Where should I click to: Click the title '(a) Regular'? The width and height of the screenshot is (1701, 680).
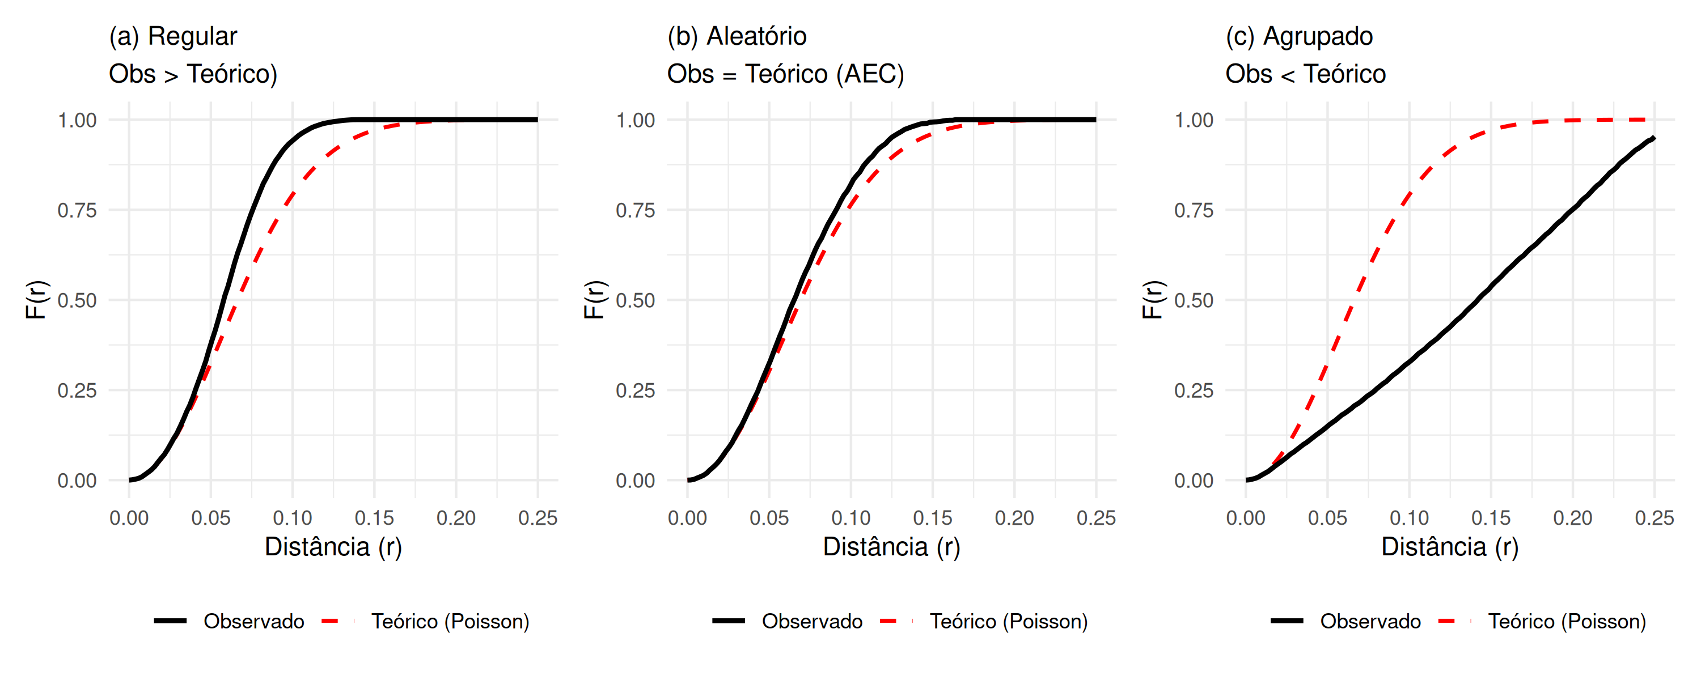point(173,36)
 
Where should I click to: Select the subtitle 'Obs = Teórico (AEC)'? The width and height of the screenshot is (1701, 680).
point(785,74)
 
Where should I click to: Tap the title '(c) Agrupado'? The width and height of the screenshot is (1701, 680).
point(1299,36)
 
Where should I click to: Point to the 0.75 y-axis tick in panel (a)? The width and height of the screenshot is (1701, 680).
point(77,211)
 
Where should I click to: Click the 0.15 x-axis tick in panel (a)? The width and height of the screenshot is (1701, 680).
point(374,518)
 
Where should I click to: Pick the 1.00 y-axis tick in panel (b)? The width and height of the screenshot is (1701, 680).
point(635,120)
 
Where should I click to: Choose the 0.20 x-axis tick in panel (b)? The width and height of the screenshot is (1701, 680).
point(1014,518)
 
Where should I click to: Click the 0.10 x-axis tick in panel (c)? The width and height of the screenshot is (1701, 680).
point(1409,518)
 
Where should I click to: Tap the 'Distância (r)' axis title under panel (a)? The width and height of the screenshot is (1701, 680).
point(333,547)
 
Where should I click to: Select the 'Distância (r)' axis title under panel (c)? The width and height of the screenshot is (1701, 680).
point(1450,547)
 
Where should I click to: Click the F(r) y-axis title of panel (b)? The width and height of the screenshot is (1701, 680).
point(594,300)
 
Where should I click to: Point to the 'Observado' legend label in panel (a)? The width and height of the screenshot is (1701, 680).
point(253,621)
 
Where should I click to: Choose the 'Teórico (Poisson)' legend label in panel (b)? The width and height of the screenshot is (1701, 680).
point(1008,621)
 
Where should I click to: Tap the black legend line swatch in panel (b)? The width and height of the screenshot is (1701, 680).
point(729,621)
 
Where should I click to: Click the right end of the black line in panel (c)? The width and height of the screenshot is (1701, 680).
point(1653,138)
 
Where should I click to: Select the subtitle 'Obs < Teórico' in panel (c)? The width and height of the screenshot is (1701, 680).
point(1305,74)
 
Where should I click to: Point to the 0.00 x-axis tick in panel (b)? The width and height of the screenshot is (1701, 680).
point(687,518)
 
